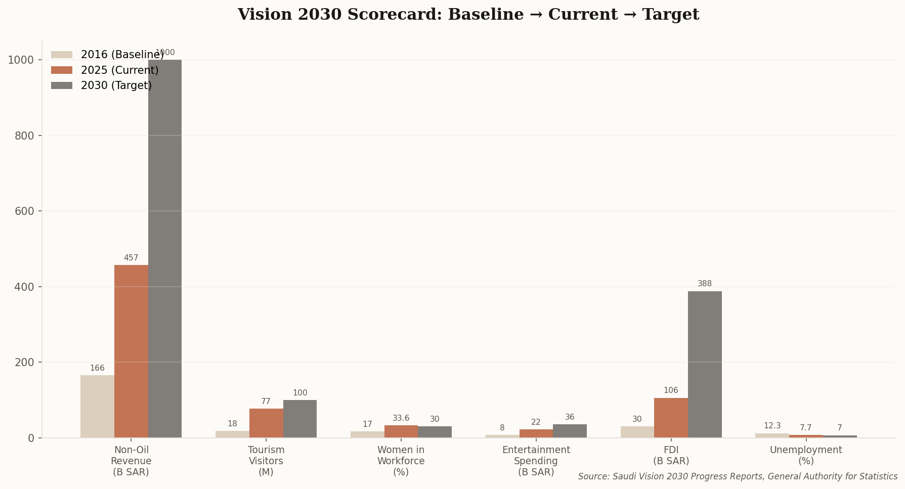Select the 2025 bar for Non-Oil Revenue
point(131,351)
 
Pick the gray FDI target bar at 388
point(705,364)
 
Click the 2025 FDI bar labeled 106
point(671,418)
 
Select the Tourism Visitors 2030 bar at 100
point(300,419)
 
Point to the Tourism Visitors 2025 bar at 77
point(266,423)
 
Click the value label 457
point(131,258)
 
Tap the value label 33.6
point(401,418)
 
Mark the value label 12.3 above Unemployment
point(772,426)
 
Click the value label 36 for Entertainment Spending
point(570,417)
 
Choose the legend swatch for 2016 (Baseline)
point(62,55)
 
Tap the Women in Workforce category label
point(401,461)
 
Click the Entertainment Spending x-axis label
point(536,461)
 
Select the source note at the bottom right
point(738,476)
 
